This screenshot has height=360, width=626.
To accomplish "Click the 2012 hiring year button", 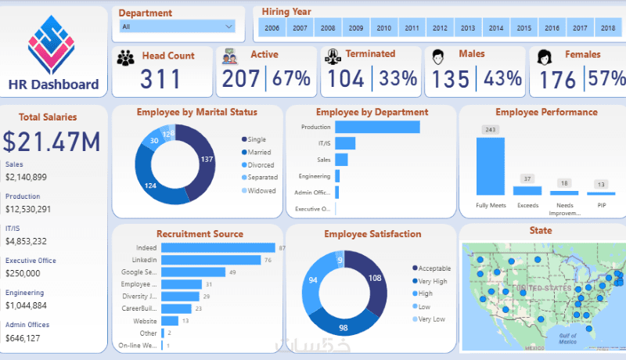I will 440,28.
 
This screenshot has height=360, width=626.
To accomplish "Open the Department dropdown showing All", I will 177,27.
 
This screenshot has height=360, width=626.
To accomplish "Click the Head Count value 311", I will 160,79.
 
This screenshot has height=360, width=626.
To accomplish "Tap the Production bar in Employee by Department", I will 377,127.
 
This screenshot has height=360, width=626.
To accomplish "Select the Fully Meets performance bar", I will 491,166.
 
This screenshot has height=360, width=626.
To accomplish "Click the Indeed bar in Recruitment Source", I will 217,248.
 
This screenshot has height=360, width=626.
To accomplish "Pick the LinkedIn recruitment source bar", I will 210,260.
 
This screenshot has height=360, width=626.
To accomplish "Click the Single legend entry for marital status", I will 257,139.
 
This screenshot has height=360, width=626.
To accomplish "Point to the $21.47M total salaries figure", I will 51,141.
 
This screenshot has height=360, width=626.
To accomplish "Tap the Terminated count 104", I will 347,78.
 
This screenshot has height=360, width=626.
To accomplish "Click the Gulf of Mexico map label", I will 570,337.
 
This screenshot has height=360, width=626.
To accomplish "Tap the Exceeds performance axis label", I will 527,205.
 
